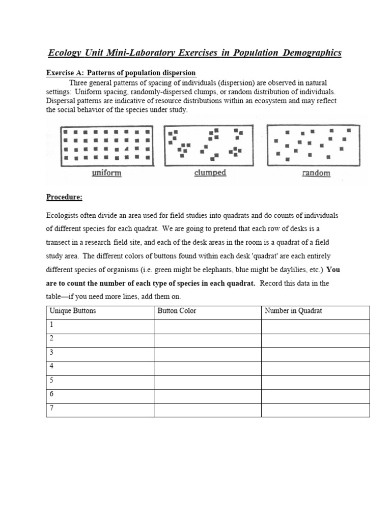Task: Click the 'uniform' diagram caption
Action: pos(106,173)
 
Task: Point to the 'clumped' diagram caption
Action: pos(210,172)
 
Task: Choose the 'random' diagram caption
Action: pos(316,173)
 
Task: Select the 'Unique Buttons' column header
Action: pos(72,311)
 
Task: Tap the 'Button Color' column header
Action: pos(177,311)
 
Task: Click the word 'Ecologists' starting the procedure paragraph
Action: pos(65,215)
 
